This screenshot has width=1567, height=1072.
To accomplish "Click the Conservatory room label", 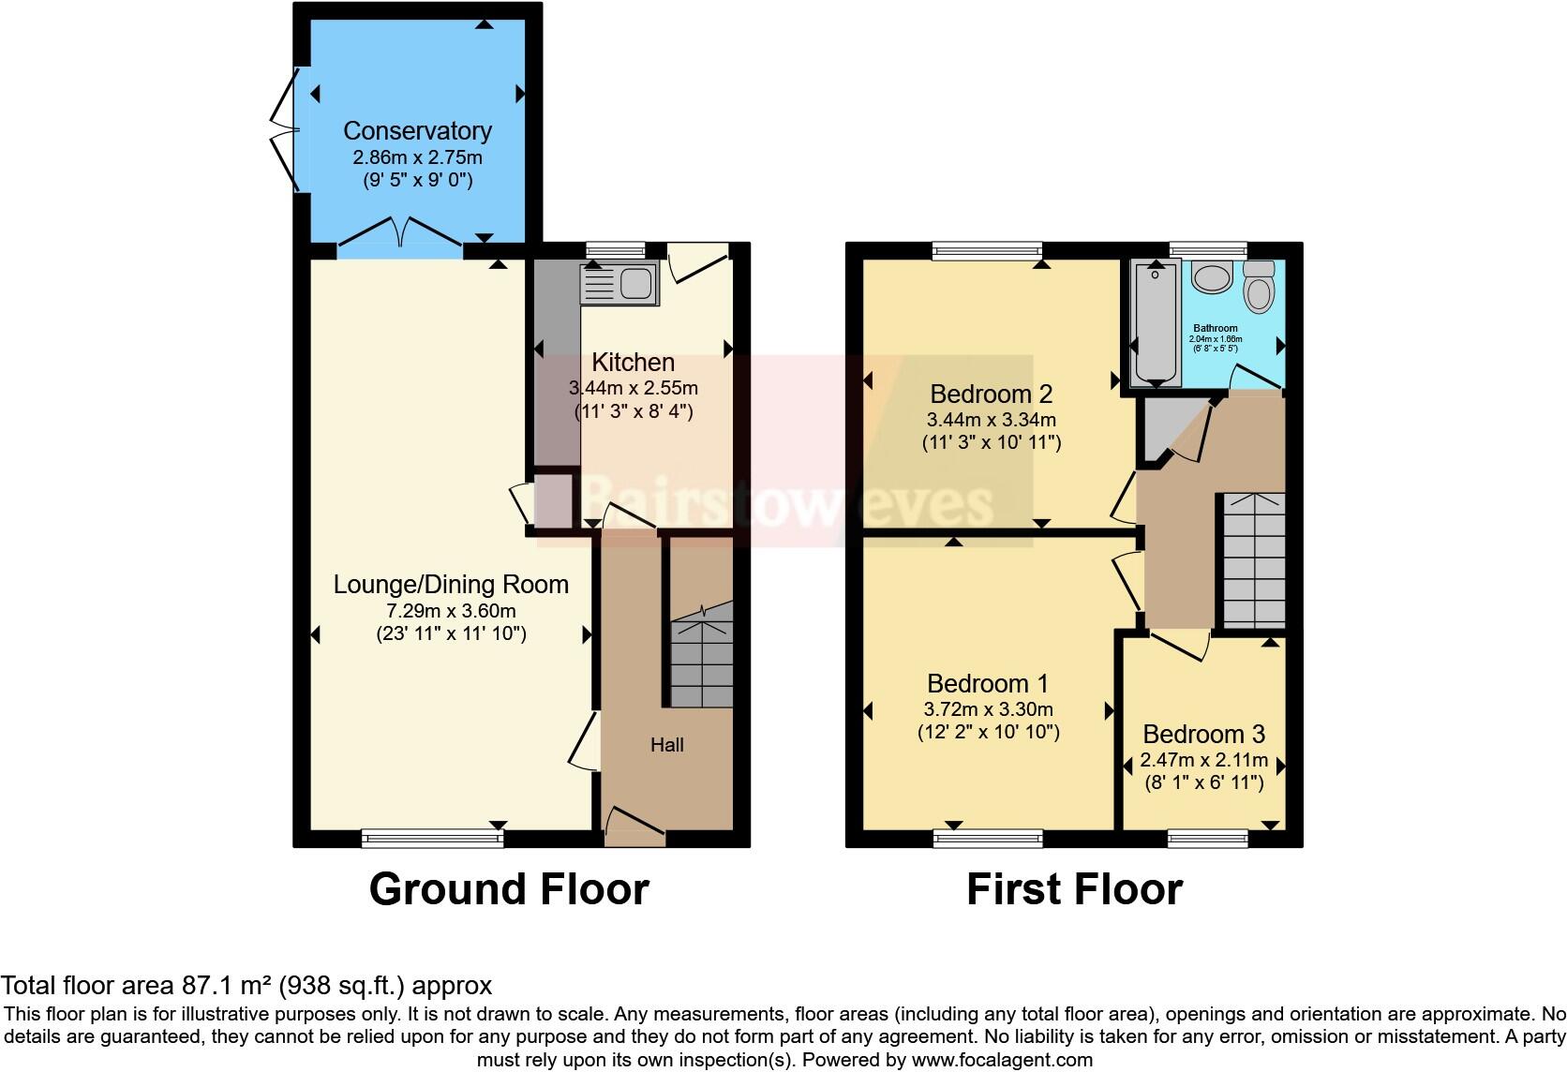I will pos(417,131).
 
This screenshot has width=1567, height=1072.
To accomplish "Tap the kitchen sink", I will pos(620,283).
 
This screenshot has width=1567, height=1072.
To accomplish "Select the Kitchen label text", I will pos(634,363).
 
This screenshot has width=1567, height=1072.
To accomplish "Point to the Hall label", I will pos(667,745).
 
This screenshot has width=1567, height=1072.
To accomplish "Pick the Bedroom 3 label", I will pos(1203,734).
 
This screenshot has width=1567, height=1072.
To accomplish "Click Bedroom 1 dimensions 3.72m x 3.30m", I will pos(989,709).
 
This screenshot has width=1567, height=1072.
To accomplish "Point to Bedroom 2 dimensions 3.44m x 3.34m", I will pos(991,420).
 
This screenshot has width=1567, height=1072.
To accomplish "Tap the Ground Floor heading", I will pos(509,889).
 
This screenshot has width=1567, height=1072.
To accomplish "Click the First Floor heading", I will pos(1074,889).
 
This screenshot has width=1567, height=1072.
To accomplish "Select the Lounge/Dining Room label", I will pos(451,585).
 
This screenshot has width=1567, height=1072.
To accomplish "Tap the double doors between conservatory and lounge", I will pos(400,234).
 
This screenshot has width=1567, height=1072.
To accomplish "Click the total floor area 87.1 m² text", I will pos(246,985).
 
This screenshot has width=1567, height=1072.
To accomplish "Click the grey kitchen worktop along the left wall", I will pos(557,365).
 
